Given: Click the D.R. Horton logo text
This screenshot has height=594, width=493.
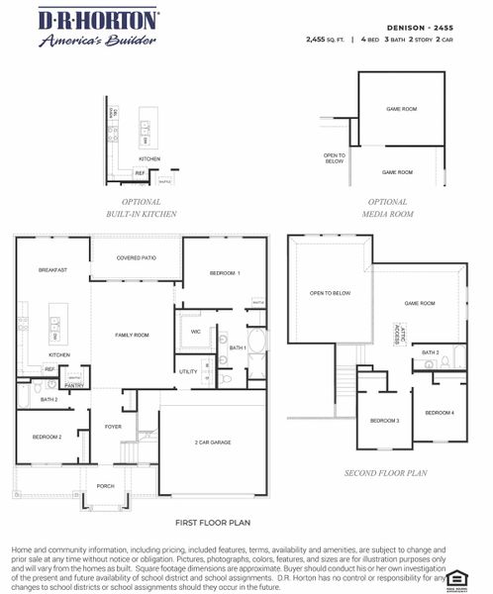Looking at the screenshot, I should coord(97,20).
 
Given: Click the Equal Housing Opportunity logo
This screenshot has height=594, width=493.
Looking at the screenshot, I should coord(456,577).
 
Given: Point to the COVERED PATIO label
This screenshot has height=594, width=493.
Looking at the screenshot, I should coord(136,258).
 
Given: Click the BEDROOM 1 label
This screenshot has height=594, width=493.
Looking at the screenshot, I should coord(225,272).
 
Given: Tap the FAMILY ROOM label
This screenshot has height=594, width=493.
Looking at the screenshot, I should coord(132,336).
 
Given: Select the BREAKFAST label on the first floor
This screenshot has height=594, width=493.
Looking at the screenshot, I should coord(52,270).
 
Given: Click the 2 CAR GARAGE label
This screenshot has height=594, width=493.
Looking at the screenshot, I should coord(212,442).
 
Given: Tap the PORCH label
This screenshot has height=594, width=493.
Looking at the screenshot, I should coord(105,485).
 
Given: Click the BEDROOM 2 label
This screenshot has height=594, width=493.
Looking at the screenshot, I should coord(47,437).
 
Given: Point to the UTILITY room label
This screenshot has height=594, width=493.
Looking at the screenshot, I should coord(188,371).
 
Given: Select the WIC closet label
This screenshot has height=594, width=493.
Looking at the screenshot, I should coord(195,331).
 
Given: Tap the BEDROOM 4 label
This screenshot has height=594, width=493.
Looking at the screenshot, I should coord(441,412).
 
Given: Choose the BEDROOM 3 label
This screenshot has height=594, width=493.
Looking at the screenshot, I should coord(384,421).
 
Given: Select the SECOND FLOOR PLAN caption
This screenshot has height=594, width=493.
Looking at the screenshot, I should coord(385,473).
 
